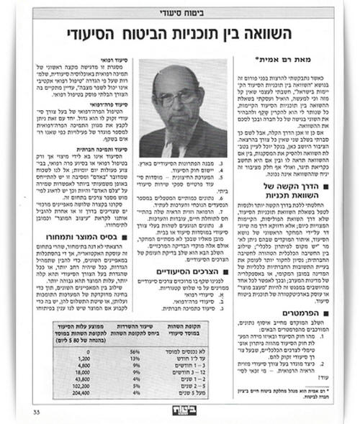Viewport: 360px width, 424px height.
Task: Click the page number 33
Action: point(37,410)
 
